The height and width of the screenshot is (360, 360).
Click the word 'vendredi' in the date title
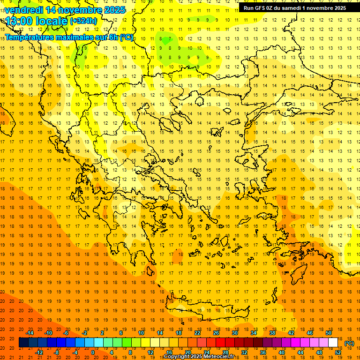(x=23, y=10)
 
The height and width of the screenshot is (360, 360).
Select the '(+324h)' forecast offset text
(x=83, y=21)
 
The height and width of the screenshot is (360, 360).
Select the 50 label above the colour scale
(x=329, y=333)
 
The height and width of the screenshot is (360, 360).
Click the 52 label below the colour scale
(x=338, y=352)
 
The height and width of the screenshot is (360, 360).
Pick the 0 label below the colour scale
(x=92, y=352)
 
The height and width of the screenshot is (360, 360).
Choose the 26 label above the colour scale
(x=216, y=333)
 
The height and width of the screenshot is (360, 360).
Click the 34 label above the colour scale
(x=254, y=333)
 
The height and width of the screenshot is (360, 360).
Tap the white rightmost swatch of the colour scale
(x=333, y=343)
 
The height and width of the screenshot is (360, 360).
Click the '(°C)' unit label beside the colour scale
(x=349, y=343)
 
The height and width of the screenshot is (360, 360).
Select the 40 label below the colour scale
(x=282, y=352)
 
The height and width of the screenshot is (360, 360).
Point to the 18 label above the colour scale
(x=179, y=333)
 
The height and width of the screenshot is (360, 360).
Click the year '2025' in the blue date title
(x=115, y=10)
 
